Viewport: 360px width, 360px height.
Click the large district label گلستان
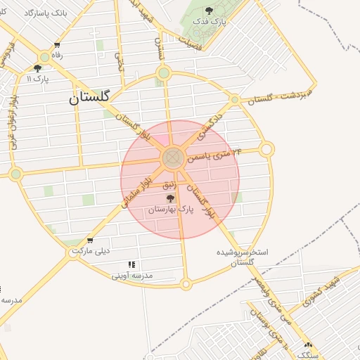(x=99, y=99)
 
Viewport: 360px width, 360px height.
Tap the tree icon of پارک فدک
(x=209, y=10)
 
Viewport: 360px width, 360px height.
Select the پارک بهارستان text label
(x=169, y=210)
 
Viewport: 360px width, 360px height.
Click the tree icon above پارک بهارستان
(x=169, y=198)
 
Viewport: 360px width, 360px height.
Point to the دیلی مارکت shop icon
(x=89, y=240)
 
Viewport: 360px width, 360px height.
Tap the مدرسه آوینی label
(x=132, y=276)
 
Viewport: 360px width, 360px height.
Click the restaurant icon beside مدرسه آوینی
(x=131, y=265)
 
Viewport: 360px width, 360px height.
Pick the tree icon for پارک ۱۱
(x=37, y=68)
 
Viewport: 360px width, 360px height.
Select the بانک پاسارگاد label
(x=45, y=13)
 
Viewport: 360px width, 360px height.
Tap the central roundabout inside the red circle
(x=173, y=159)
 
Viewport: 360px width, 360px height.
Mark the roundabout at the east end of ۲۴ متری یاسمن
(x=266, y=149)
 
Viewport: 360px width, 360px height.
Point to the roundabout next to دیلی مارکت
(x=74, y=252)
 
